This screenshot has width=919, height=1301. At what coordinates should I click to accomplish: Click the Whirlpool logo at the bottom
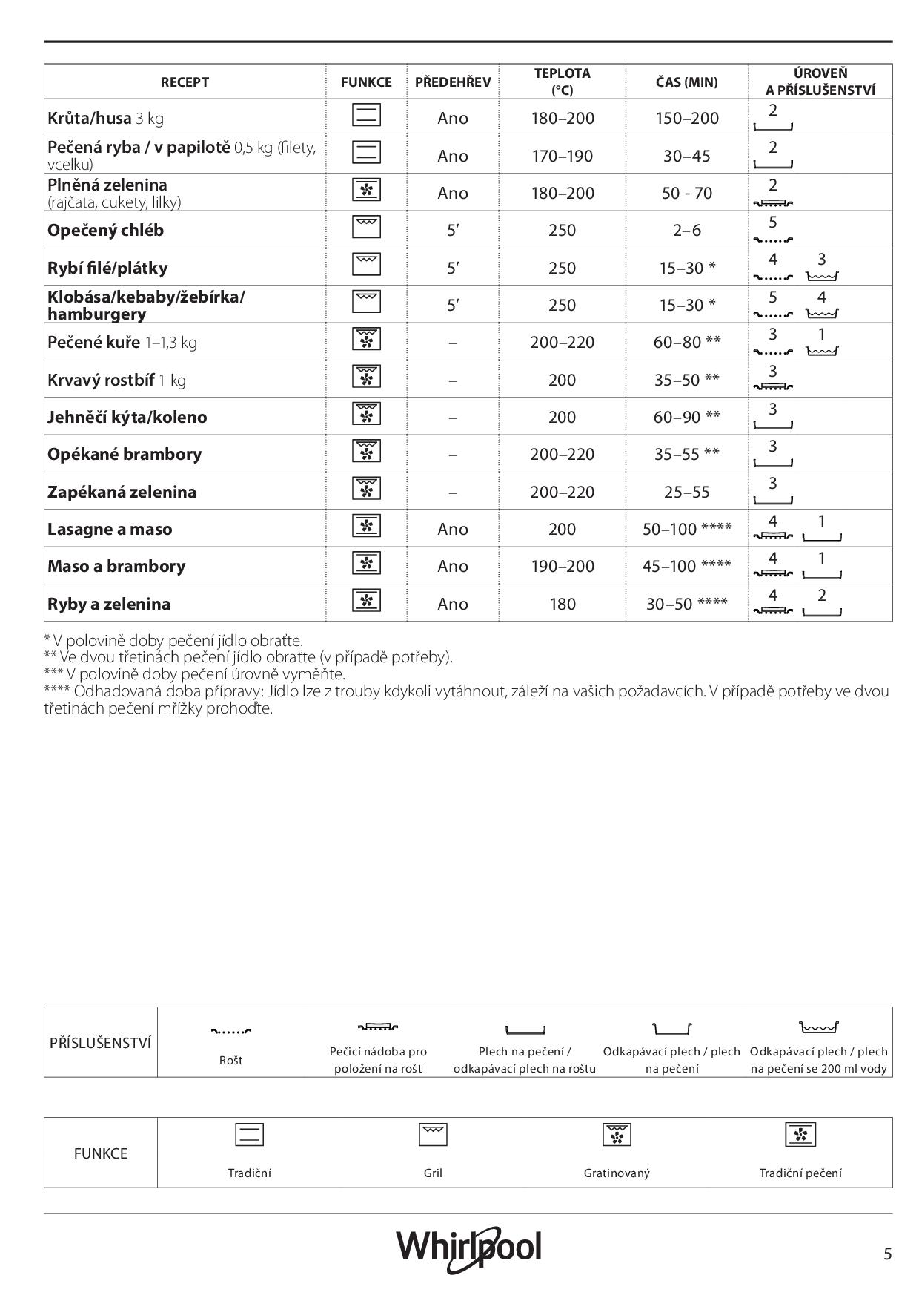tap(468, 1248)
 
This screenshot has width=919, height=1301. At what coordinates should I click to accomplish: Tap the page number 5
tap(887, 1254)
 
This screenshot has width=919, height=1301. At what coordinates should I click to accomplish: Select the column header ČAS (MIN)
tap(686, 82)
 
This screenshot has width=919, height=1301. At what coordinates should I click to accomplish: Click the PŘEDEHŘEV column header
tap(452, 82)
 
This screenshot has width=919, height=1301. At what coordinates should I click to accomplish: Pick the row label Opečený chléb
tap(105, 231)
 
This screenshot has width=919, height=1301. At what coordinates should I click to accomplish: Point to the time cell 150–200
tap(687, 118)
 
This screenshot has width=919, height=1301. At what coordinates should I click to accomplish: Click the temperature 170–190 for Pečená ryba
tap(563, 156)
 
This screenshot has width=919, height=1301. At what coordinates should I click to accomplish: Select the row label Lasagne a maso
tap(110, 530)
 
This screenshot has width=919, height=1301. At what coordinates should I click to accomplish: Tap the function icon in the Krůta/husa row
tap(366, 116)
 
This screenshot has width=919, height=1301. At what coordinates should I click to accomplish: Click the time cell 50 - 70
tap(687, 194)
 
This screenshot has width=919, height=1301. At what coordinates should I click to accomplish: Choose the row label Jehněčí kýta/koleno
tap(127, 418)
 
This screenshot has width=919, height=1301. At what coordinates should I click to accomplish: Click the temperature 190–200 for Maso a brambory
tap(563, 567)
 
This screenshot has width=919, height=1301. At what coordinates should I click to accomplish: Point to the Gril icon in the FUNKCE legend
tap(433, 1135)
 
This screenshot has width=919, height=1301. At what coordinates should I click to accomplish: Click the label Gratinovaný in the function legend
tap(617, 1173)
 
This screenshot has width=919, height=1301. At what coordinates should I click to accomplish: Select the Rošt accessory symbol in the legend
tap(231, 1030)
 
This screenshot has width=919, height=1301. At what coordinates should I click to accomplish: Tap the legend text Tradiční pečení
tap(800, 1173)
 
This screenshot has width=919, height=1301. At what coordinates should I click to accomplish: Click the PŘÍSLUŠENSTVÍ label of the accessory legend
tap(101, 1043)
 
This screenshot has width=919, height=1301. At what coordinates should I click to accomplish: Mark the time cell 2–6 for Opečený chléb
tap(687, 231)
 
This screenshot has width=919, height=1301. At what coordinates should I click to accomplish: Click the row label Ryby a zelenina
tap(109, 605)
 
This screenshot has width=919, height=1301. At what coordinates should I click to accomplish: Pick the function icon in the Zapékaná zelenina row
tap(366, 489)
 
